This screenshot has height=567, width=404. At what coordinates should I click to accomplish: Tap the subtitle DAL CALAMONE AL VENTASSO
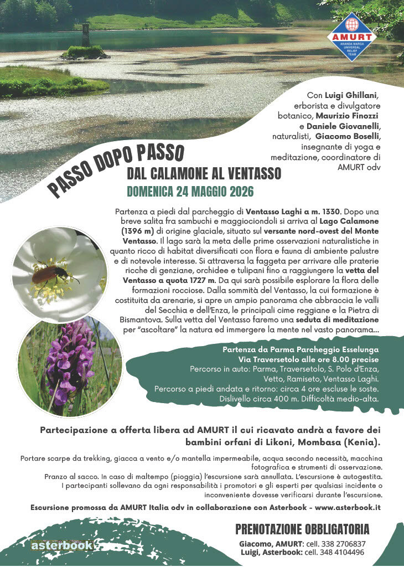204,174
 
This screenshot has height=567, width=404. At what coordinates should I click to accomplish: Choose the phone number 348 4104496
335,552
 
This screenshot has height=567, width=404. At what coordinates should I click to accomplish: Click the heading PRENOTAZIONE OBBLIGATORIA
302,529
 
